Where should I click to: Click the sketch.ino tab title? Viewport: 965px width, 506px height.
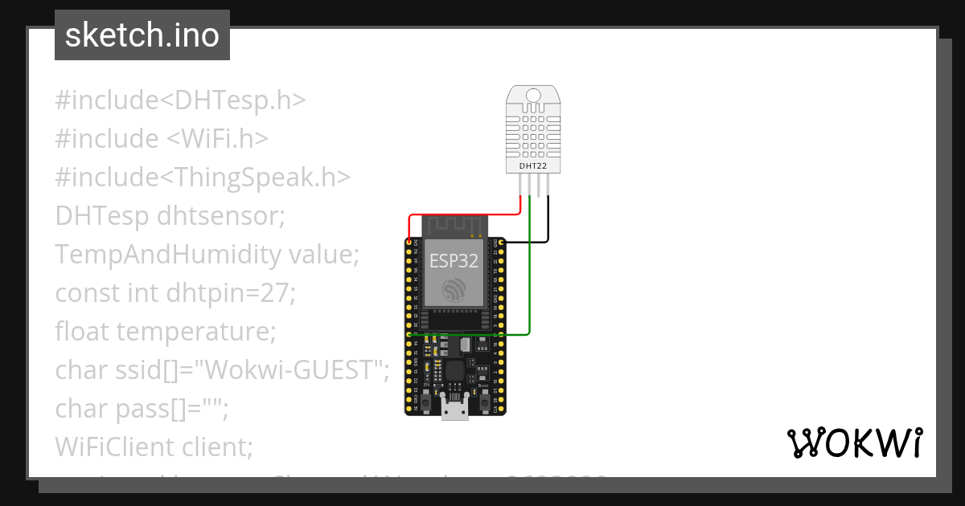pos(142,35)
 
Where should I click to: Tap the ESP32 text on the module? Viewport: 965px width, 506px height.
pos(454,261)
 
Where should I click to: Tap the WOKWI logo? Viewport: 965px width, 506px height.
pos(853,443)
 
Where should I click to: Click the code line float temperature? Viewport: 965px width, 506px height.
pos(166,331)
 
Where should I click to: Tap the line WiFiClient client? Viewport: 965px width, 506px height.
pos(154,447)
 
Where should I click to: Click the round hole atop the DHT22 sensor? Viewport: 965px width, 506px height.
pos(533,96)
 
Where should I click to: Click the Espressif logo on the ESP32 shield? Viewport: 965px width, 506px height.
pos(454,291)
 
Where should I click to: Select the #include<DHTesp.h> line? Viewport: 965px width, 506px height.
pos(181,100)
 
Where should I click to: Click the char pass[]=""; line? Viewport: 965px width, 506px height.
pos(142,408)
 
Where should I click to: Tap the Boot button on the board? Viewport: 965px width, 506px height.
pos(484,402)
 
